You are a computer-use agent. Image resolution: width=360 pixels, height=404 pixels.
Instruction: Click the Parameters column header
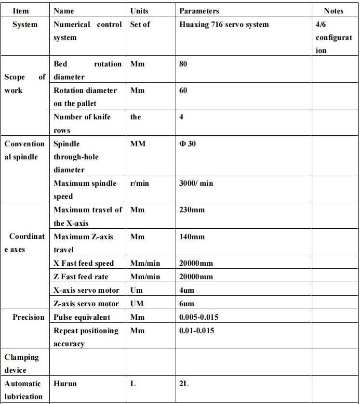(x=199, y=11)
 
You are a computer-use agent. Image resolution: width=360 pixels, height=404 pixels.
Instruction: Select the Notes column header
(x=333, y=11)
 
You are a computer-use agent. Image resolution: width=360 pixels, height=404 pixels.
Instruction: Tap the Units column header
(x=140, y=11)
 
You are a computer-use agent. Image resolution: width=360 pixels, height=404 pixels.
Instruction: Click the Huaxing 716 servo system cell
(x=224, y=24)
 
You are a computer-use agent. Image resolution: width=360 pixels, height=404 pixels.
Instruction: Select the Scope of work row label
(x=25, y=83)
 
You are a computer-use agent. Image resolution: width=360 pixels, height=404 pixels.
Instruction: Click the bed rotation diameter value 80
(x=183, y=64)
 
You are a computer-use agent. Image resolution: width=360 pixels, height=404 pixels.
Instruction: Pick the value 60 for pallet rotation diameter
(x=183, y=90)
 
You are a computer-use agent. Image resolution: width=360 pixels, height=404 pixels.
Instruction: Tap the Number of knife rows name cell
(x=82, y=123)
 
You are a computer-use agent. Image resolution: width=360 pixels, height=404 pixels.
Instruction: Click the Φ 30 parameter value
(x=187, y=143)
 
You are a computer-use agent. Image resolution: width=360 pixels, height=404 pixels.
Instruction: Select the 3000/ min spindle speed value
(x=196, y=183)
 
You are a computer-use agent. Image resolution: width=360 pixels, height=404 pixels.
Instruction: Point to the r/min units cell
(x=140, y=183)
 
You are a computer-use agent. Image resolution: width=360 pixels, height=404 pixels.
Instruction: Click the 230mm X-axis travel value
(x=192, y=209)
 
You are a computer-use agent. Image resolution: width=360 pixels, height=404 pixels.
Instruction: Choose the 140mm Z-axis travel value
(x=192, y=236)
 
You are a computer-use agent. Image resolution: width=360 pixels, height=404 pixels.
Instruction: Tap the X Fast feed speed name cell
(x=84, y=263)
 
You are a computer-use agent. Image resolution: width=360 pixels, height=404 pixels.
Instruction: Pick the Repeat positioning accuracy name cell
(x=86, y=337)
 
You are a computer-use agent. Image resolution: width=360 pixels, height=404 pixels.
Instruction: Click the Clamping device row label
(x=22, y=364)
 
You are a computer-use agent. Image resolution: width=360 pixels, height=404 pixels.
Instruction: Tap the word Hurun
(x=65, y=384)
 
